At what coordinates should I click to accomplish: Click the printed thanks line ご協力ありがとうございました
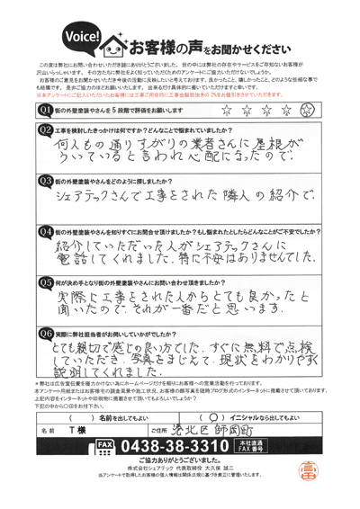pos(180,460)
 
